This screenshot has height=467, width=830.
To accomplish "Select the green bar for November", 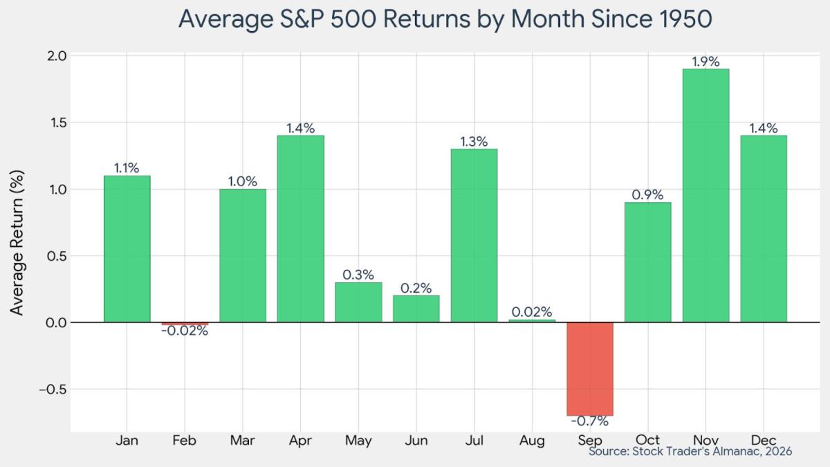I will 705,196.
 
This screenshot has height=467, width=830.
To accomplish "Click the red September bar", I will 590,369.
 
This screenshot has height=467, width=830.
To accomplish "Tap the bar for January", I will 127,249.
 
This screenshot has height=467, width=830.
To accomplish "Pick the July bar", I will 474,235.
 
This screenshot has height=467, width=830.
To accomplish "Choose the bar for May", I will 358,302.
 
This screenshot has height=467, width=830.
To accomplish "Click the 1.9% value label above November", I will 705,62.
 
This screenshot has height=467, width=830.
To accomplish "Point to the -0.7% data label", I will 590,421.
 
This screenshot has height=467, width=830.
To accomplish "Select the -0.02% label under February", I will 185,331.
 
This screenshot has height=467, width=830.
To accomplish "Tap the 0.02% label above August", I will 532,312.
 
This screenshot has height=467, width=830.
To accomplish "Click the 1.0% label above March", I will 243,182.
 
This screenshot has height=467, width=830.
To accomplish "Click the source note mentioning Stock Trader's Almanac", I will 690,451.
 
